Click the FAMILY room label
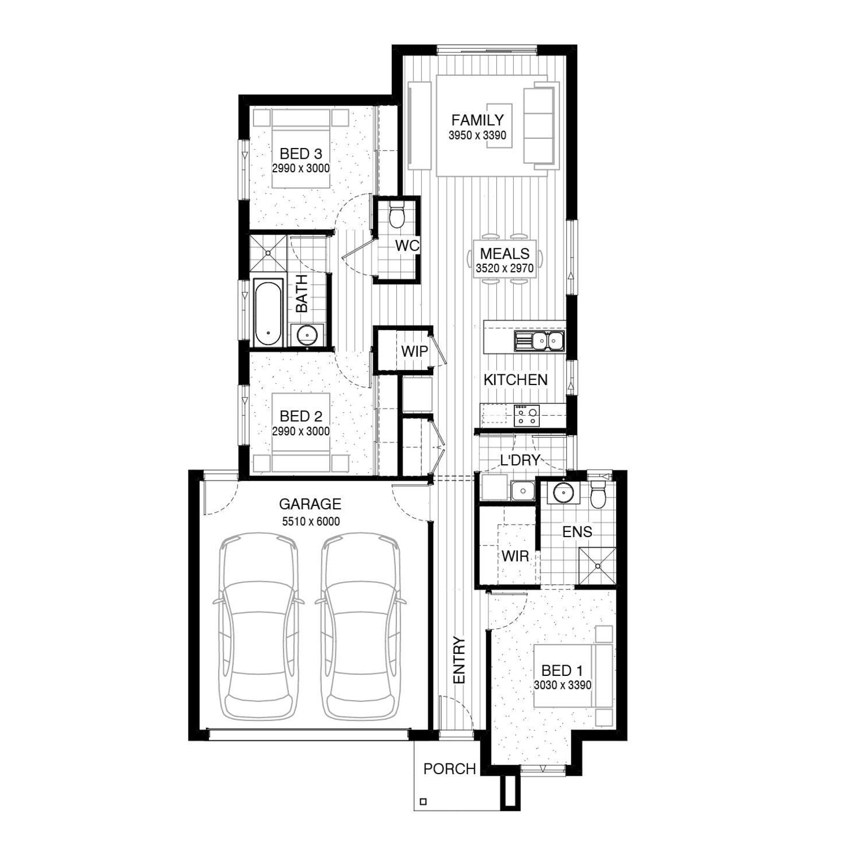pos(477,120)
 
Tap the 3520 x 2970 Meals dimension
pos(504,268)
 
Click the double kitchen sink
pos(539,341)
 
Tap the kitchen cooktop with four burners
pos(526,416)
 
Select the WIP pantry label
pos(414,351)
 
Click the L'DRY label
pos(520,460)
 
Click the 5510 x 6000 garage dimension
pos(311,522)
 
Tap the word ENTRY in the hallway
pos(459,661)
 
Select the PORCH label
pos(449,769)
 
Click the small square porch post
pos(424,801)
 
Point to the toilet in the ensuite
pos(598,494)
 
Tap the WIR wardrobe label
pos(515,556)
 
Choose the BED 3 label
pos(300,154)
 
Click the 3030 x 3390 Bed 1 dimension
pos(562,686)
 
